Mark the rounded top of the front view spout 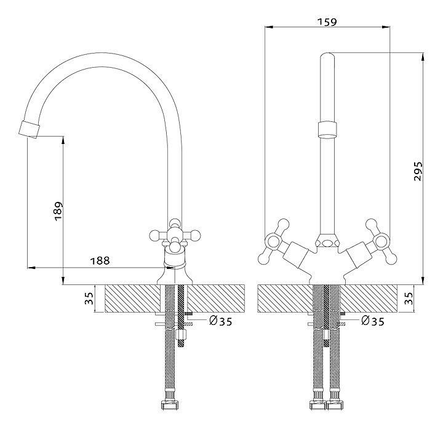328,57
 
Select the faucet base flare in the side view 175,275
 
